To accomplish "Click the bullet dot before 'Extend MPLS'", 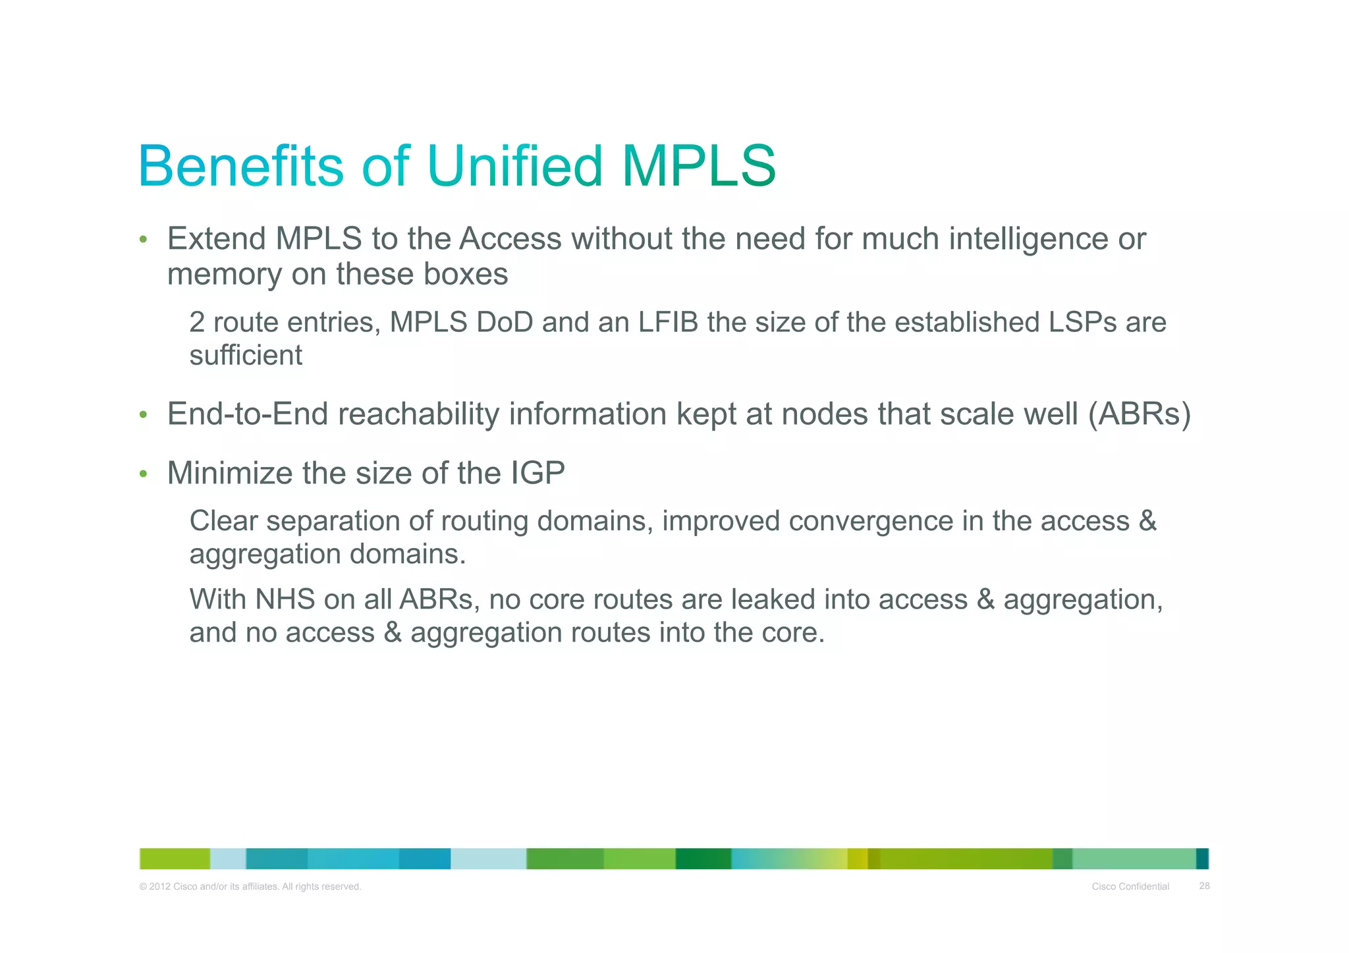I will coord(143,240).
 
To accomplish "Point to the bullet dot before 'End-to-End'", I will coord(143,415).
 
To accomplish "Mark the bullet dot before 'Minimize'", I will coord(143,474).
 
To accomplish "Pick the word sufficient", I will coord(246,356).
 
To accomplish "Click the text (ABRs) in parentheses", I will coord(1139,414).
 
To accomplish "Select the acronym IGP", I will coord(537,473).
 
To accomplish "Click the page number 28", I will coord(1204,886).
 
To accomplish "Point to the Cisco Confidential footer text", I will coord(1130,886).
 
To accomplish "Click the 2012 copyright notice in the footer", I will coord(250,886).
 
